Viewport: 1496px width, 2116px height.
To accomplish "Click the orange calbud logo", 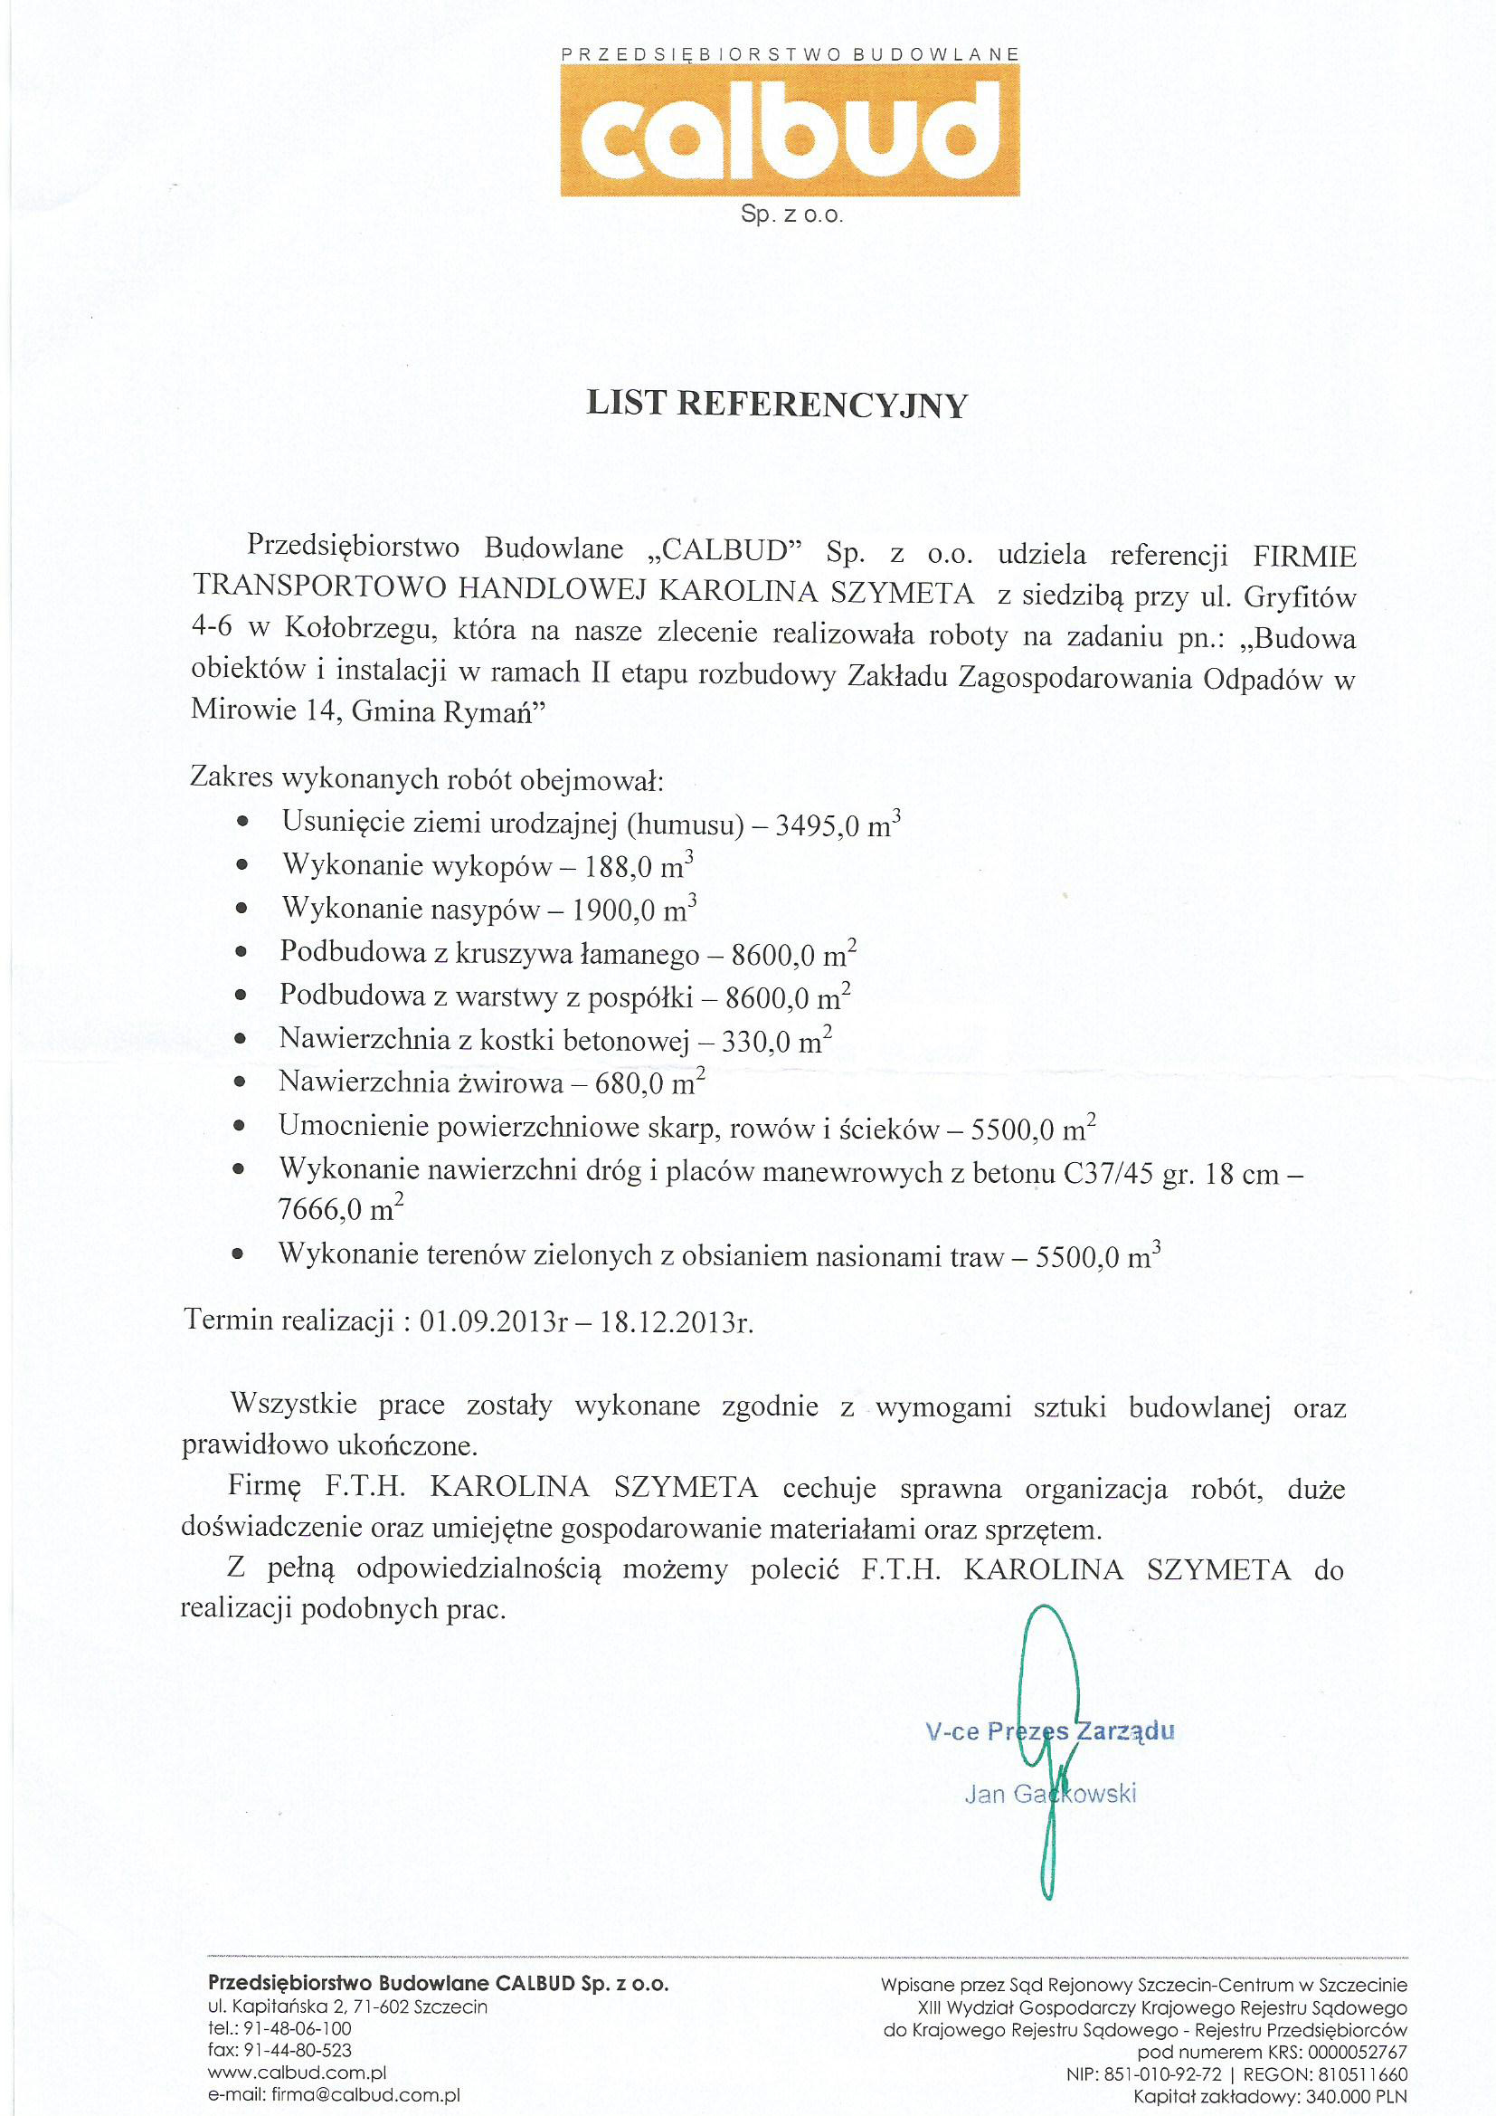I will point(790,130).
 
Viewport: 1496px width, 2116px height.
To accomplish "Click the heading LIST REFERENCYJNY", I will point(777,405).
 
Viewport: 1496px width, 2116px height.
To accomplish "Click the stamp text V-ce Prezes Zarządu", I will point(1050,1730).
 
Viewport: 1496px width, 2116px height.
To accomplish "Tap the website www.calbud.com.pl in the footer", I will point(297,2073).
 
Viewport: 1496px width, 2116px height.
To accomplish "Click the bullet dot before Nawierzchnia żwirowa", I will point(240,1082).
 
